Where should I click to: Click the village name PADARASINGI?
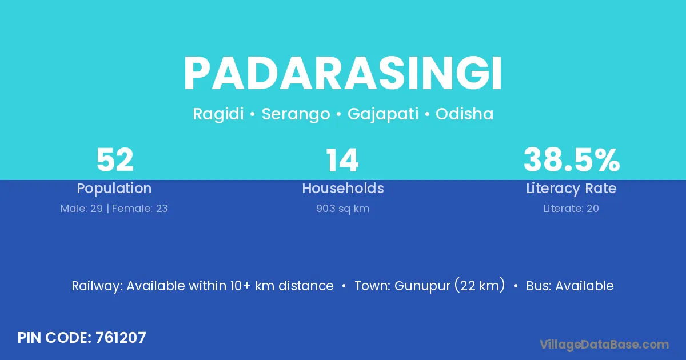click(342, 73)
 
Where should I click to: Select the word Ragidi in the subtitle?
click(218, 114)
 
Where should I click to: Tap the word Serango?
click(296, 114)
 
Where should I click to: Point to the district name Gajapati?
click(383, 114)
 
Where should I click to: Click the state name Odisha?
click(465, 114)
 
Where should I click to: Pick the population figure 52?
click(115, 160)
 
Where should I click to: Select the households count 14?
click(342, 160)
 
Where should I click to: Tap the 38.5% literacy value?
click(572, 160)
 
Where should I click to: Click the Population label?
click(114, 189)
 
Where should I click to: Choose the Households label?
click(343, 188)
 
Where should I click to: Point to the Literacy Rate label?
click(571, 189)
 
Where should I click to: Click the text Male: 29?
click(81, 209)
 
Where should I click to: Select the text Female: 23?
click(140, 209)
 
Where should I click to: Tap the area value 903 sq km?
click(342, 209)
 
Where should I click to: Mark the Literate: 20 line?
click(571, 209)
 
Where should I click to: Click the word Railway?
click(97, 286)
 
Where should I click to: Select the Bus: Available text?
click(570, 286)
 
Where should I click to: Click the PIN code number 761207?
click(121, 338)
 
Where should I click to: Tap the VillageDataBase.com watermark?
click(604, 345)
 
